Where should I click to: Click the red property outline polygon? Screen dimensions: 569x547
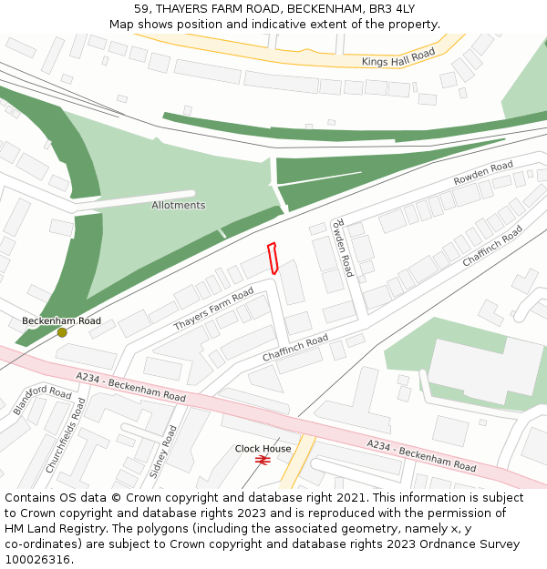[x=273, y=259]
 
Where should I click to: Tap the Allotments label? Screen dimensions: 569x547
[x=179, y=205]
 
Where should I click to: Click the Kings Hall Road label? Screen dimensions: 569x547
[x=398, y=59]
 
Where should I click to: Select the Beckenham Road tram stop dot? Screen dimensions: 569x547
[x=62, y=332]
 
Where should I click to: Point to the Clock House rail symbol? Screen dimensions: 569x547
[x=263, y=461]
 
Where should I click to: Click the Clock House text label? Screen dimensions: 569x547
[x=263, y=448]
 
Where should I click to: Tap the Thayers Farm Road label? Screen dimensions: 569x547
[x=213, y=310]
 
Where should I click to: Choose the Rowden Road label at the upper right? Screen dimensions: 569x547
[x=483, y=173]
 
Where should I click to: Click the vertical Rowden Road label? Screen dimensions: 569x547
[x=342, y=248]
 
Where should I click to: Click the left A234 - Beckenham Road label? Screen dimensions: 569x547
[x=131, y=387]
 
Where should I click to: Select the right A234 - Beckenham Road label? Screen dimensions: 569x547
[x=421, y=454]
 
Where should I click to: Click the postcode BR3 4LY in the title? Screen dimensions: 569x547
[x=394, y=9]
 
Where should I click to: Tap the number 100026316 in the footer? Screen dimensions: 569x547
[x=37, y=559]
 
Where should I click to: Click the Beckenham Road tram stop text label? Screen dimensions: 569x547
[x=62, y=320]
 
